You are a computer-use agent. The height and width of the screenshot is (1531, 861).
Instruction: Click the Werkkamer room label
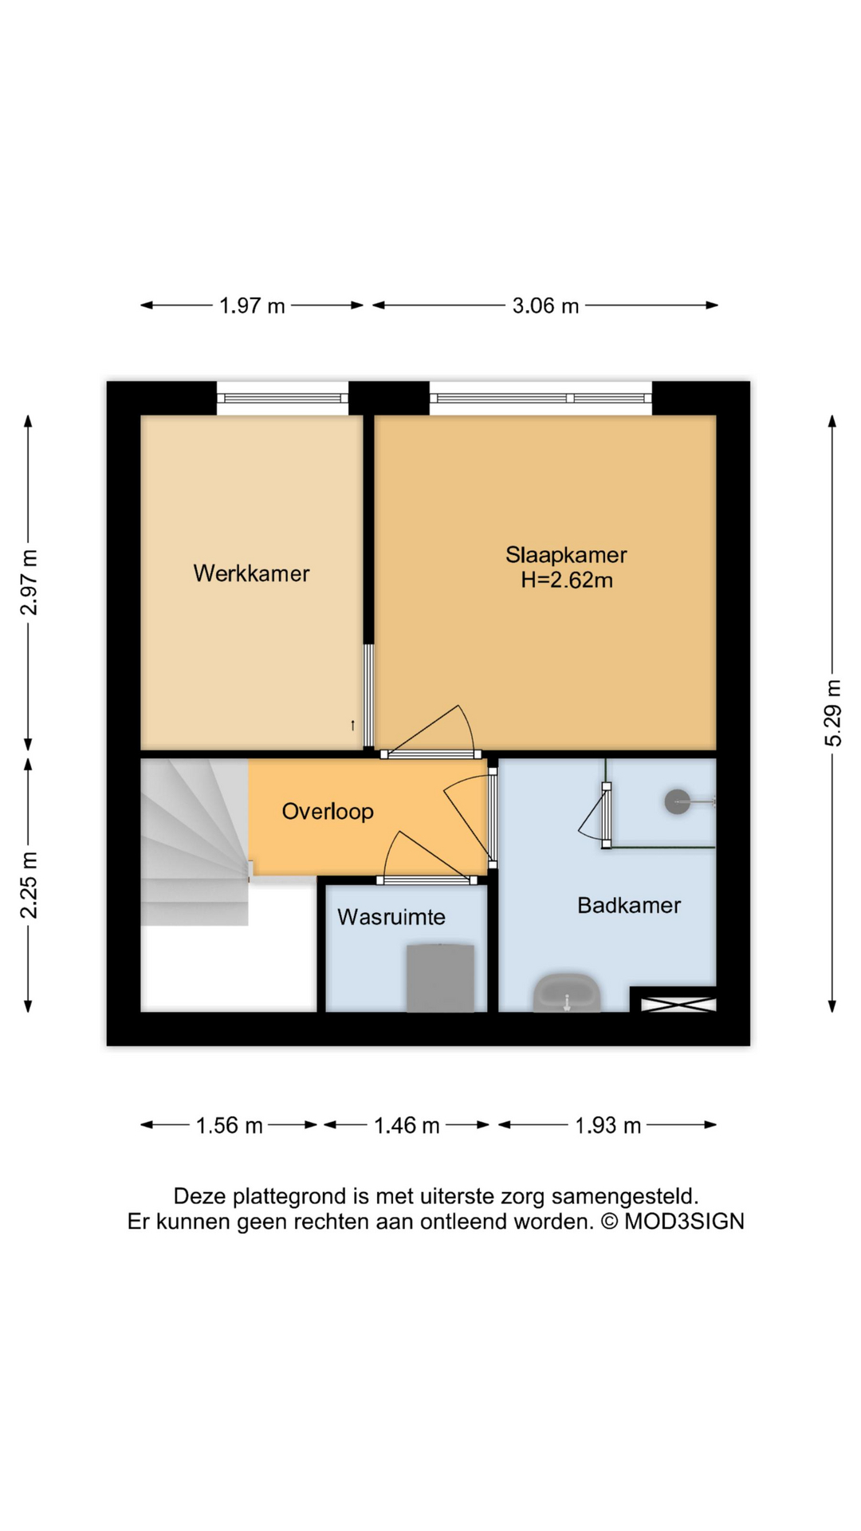click(x=251, y=573)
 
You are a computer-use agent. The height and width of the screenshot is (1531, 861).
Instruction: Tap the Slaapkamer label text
click(x=566, y=555)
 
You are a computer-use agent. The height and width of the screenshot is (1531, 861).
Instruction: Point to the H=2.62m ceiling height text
click(x=567, y=581)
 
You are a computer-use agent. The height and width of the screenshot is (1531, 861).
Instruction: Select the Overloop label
click(x=328, y=812)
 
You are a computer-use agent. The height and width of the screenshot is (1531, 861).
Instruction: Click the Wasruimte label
click(x=391, y=917)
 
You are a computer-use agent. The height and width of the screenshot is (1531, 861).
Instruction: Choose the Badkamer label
click(x=629, y=905)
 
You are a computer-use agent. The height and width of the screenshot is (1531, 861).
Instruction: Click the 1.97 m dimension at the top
click(x=252, y=305)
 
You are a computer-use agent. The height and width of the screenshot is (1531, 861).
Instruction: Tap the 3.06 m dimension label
click(x=545, y=305)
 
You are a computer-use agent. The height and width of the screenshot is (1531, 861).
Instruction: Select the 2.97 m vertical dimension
click(x=29, y=583)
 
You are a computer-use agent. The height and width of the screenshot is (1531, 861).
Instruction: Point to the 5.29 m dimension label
click(x=832, y=713)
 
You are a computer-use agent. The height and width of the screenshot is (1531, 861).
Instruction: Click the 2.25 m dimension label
click(x=29, y=885)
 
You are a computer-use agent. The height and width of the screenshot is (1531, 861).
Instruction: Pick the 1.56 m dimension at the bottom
click(x=230, y=1125)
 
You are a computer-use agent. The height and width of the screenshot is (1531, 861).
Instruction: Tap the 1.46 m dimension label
click(x=407, y=1125)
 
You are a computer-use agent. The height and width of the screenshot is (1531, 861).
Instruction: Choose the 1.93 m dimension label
click(x=608, y=1125)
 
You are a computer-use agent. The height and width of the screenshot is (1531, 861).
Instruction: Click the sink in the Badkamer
click(x=567, y=992)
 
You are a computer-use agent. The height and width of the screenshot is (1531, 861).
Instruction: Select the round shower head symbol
click(x=678, y=801)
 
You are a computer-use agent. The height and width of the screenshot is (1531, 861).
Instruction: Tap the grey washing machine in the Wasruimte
click(x=441, y=978)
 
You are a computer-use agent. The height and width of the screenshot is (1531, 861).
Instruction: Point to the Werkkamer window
click(x=283, y=398)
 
